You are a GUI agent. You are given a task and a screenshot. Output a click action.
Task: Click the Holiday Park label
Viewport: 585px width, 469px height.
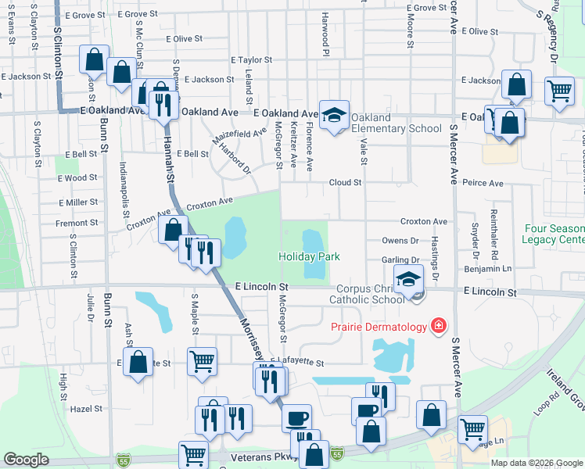point(310,256)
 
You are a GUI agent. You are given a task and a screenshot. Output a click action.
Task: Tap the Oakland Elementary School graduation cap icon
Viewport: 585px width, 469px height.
point(334,116)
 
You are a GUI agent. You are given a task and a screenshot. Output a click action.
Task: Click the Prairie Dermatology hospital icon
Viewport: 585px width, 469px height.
point(439,326)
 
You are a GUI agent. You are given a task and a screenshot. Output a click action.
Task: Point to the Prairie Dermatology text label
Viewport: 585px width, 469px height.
point(379,327)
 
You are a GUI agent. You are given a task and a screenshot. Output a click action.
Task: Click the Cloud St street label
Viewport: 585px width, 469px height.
point(345,183)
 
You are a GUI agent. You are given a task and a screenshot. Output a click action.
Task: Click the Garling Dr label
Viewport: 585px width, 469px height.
point(401,260)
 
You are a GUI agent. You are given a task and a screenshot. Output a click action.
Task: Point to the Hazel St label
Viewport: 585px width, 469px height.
point(86,409)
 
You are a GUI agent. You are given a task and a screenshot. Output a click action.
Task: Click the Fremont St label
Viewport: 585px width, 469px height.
point(77,223)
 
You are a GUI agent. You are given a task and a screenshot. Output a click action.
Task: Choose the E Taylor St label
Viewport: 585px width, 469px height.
point(250,59)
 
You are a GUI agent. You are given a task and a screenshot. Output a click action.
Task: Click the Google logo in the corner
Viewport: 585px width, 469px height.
point(26,460)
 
